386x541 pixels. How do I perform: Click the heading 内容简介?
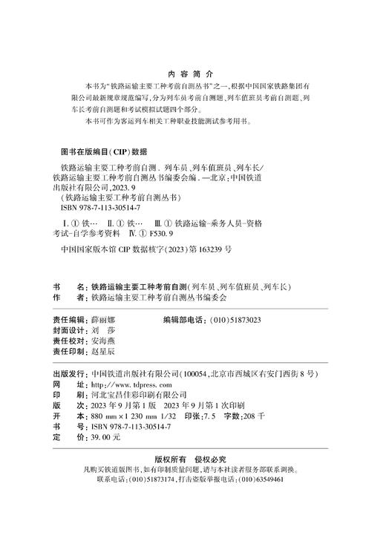(x=192, y=74)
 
